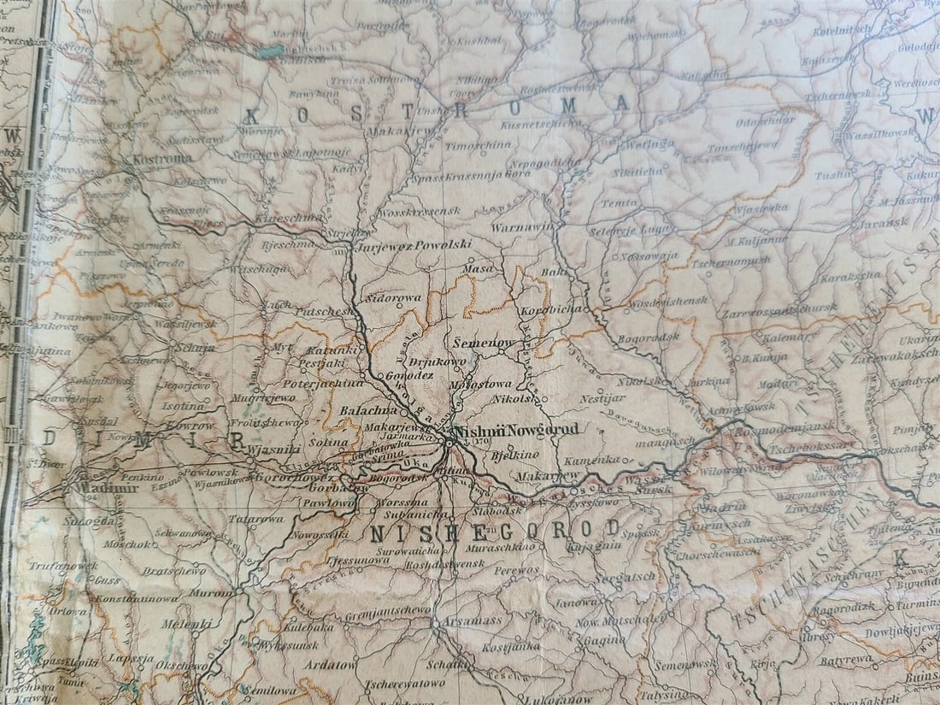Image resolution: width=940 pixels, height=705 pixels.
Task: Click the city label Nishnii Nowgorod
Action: point(516,430)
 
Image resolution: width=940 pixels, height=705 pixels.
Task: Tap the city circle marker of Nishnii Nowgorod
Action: point(449,442)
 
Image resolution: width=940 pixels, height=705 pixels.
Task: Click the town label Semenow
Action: point(485,343)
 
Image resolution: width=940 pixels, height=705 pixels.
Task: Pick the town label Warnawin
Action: point(521,228)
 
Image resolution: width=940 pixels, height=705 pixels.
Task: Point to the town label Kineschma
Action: point(295,219)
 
